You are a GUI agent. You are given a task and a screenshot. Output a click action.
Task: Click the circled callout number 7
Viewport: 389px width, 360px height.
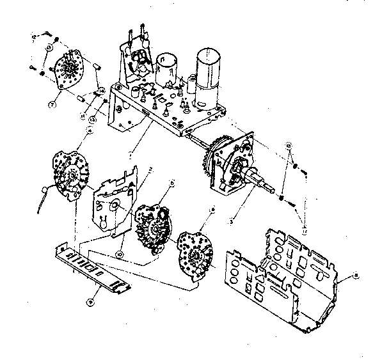[x=52, y=102]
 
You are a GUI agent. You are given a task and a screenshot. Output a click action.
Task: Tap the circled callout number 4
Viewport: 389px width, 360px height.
[x=90, y=130]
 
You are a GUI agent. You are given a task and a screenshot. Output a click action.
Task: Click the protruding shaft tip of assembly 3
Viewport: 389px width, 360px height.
[x=278, y=189]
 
